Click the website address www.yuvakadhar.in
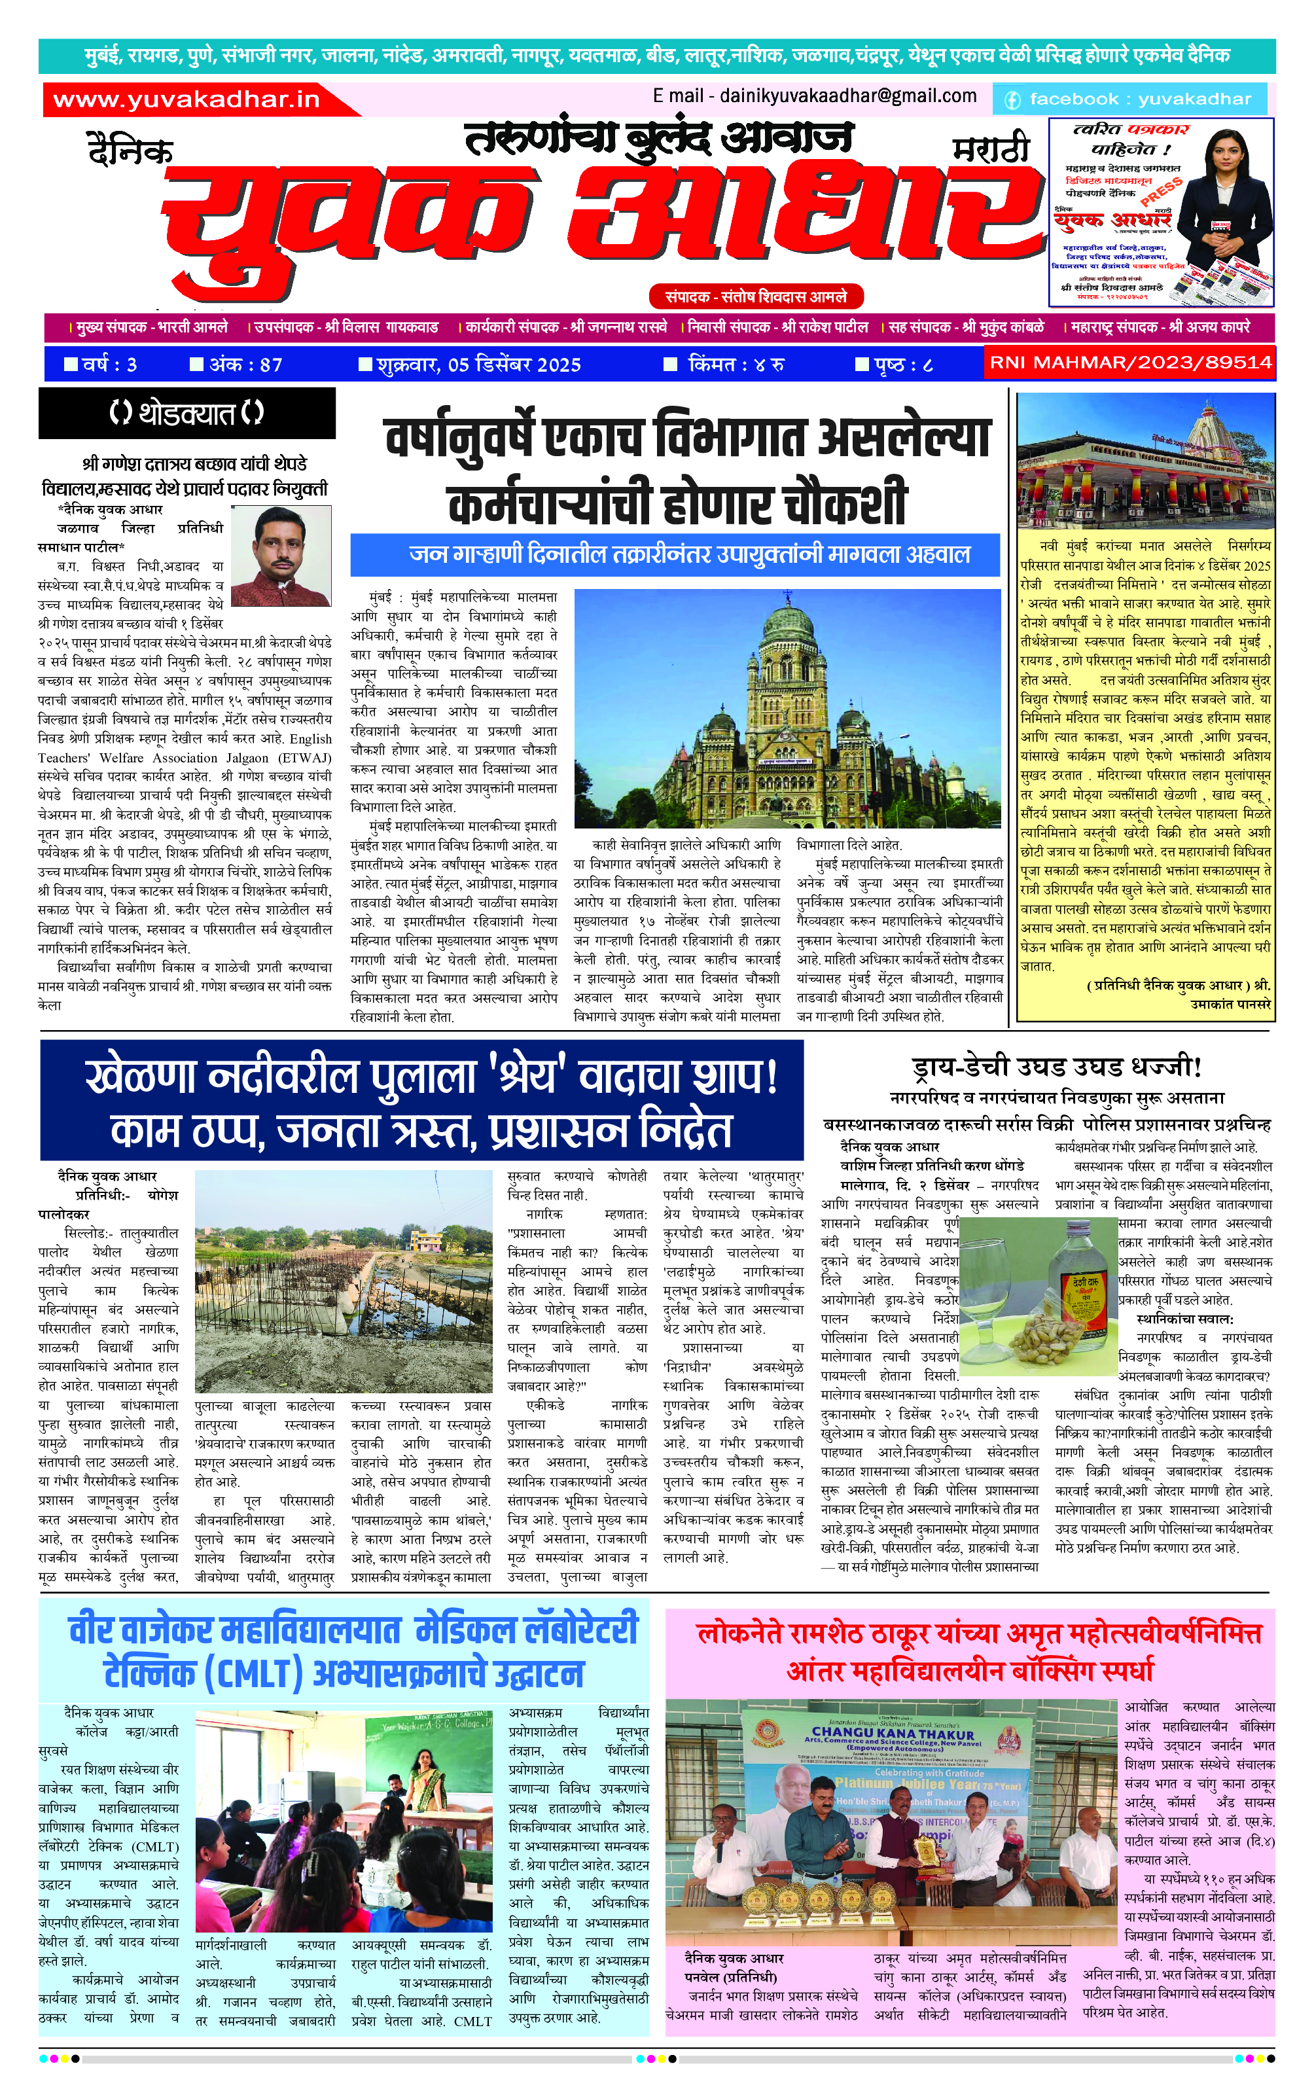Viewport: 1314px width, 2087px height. coord(186,99)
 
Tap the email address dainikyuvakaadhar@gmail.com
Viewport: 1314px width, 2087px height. coord(815,96)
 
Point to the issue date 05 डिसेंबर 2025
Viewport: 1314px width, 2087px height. coord(478,365)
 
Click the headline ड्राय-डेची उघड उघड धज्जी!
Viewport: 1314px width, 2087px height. coord(1057,1067)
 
